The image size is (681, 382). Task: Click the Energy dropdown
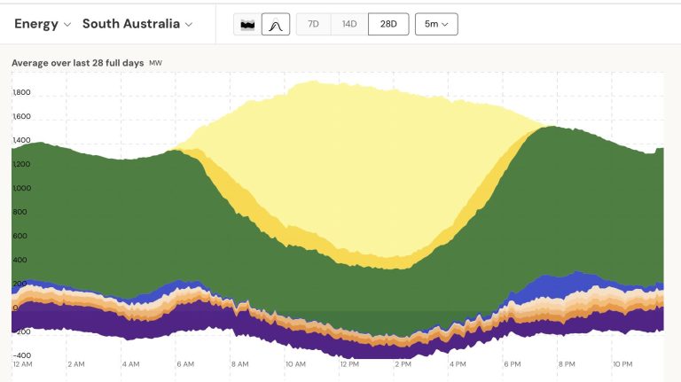[x=42, y=24]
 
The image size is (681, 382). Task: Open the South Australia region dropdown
[x=137, y=24]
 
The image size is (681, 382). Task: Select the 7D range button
[x=313, y=24]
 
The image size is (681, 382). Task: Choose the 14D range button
[x=349, y=24]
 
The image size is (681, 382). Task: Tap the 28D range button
[x=387, y=24]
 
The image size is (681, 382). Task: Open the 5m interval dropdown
[x=436, y=24]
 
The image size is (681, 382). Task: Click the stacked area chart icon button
[x=247, y=24]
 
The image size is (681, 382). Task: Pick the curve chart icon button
[x=275, y=24]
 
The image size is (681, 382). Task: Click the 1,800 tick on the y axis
[x=21, y=92]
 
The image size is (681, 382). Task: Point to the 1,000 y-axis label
[x=21, y=188]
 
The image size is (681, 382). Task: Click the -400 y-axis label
[x=21, y=355]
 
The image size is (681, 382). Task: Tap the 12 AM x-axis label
[x=22, y=364]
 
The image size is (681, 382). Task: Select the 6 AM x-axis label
[x=185, y=364]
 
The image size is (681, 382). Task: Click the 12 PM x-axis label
[x=348, y=364]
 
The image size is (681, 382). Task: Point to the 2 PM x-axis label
[x=403, y=364]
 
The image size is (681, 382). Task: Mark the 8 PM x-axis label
[x=566, y=364]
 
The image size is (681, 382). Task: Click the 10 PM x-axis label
[x=622, y=364]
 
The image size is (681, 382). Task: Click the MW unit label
[x=155, y=64]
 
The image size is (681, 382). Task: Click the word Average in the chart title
[x=31, y=63]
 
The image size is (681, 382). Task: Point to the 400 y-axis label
[x=20, y=260]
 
